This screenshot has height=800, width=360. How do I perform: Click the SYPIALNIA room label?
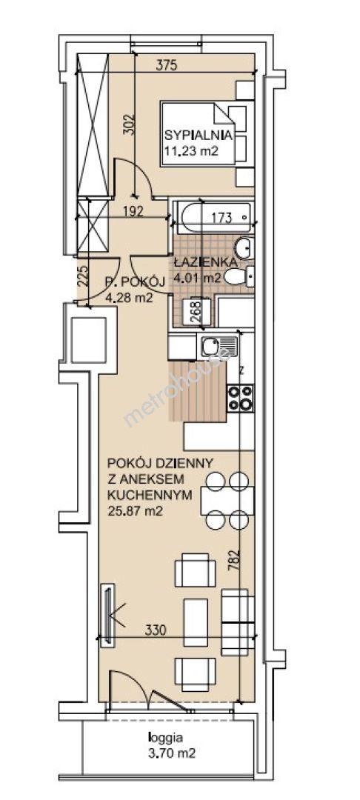coord(199,136)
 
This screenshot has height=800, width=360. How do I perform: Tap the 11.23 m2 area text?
coord(191,150)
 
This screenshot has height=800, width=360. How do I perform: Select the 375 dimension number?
coord(166,64)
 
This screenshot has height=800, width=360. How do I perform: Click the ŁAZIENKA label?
coord(205,263)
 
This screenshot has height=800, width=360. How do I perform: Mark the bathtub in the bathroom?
coord(213,216)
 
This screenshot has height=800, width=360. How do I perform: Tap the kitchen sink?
coord(219,347)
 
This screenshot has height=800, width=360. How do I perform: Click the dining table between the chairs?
coord(227,501)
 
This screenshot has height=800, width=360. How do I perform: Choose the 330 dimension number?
coord(156,630)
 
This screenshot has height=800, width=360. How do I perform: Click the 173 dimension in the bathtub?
coord(221,219)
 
